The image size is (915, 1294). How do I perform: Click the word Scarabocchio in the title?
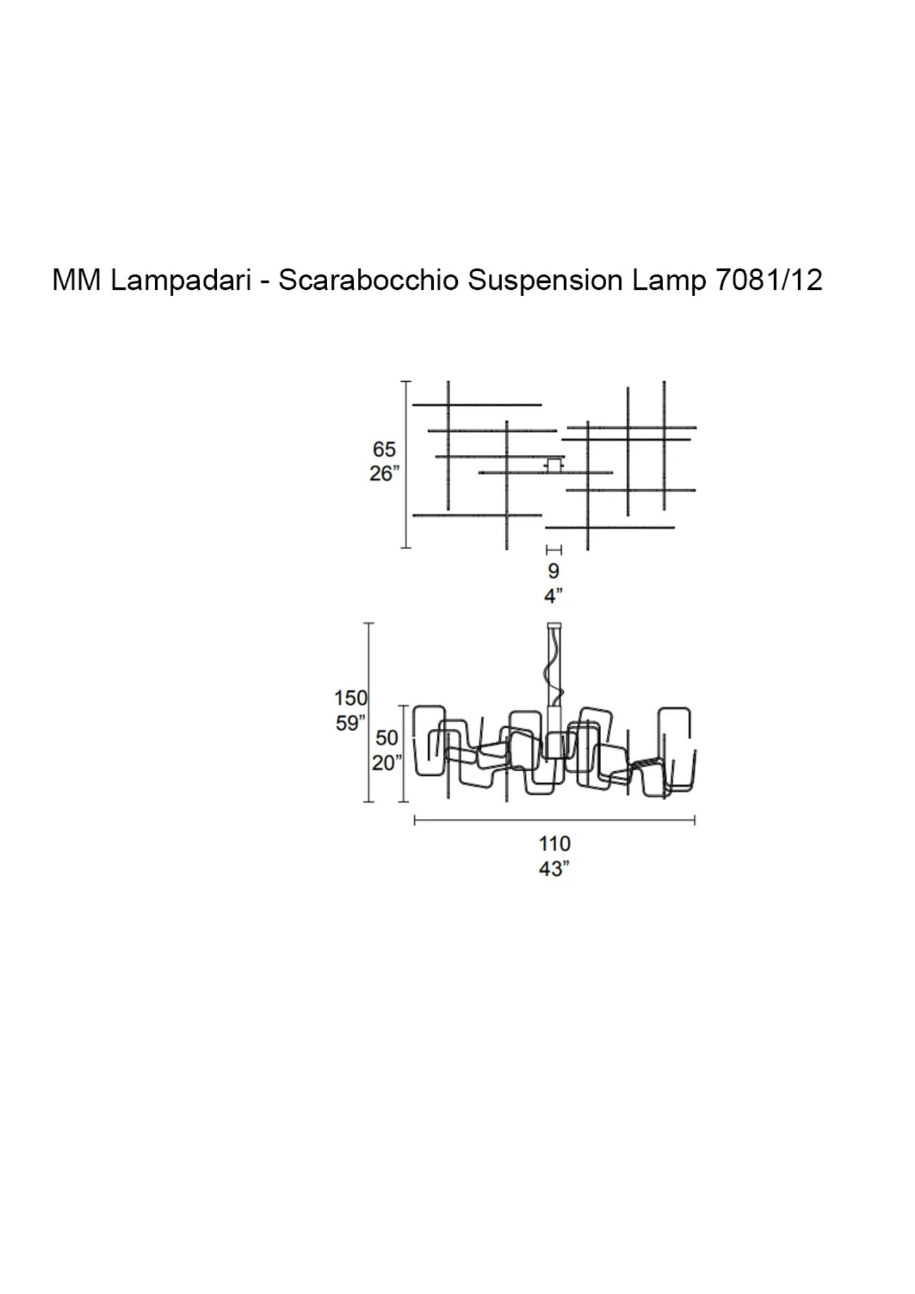point(369,281)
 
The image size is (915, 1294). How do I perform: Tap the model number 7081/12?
point(768,281)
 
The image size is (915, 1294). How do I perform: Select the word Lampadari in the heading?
point(181,281)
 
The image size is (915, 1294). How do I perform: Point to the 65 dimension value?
point(384,449)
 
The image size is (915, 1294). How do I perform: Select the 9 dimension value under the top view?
point(553,572)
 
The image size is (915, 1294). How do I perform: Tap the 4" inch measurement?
point(553,596)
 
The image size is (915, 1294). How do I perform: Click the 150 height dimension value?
point(350,698)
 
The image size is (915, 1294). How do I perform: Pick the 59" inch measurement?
point(350,723)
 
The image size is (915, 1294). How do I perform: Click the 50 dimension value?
point(386,738)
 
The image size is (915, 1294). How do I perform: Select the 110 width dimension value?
point(554,844)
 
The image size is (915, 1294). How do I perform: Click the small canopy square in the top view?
point(554,465)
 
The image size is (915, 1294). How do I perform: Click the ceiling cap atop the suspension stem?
point(554,625)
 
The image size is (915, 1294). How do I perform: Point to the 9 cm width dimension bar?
point(553,550)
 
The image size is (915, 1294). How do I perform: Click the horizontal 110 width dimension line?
point(554,821)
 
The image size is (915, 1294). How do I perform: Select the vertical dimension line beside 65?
point(406,465)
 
